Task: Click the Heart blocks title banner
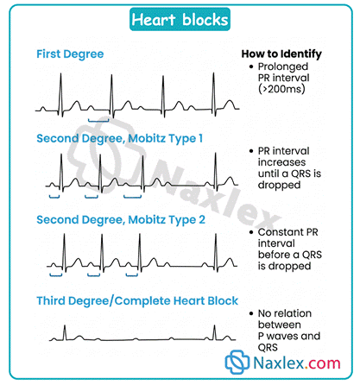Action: coord(180,20)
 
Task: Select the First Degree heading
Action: coord(70,54)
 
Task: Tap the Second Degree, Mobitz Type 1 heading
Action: coord(120,138)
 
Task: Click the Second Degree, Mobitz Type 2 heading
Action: coord(121,220)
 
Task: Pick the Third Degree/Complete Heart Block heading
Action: coord(137,301)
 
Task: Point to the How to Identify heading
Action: coord(281,54)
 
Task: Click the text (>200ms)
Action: coord(281,89)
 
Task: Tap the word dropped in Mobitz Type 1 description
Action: coord(279,185)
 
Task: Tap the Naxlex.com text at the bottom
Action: coord(297,363)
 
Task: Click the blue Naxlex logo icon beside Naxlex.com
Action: coord(237,362)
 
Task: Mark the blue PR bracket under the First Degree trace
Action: coord(98,121)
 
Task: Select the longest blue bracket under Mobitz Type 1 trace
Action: coord(132,197)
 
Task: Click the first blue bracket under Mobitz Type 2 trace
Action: coord(56,275)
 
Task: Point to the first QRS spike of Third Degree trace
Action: coord(65,332)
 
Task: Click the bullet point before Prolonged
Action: coord(251,66)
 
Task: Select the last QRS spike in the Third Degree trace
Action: coord(214,332)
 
